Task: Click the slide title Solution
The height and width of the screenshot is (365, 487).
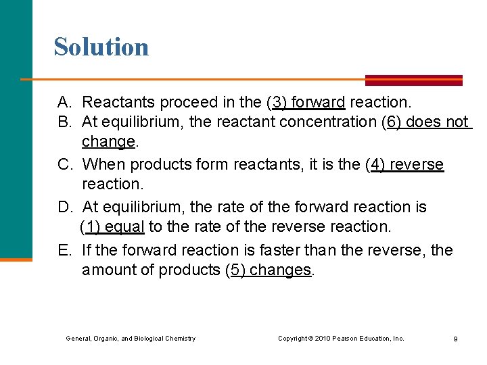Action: (x=101, y=47)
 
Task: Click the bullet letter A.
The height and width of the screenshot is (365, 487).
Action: (x=65, y=103)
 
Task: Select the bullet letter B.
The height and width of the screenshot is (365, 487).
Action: (x=65, y=122)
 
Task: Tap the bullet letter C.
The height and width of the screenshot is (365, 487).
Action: (x=65, y=165)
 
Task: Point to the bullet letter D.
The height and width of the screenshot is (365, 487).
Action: (x=65, y=207)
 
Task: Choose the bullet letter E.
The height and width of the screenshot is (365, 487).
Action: (x=65, y=250)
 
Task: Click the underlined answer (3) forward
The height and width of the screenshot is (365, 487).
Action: (x=307, y=103)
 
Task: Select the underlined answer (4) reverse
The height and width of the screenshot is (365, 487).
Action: (x=407, y=165)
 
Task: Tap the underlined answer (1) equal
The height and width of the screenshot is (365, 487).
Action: (x=112, y=226)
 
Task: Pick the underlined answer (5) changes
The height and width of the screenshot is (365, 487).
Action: (x=269, y=270)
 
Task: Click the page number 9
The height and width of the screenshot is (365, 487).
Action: (x=455, y=339)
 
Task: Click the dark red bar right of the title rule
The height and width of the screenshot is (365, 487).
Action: (x=414, y=80)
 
